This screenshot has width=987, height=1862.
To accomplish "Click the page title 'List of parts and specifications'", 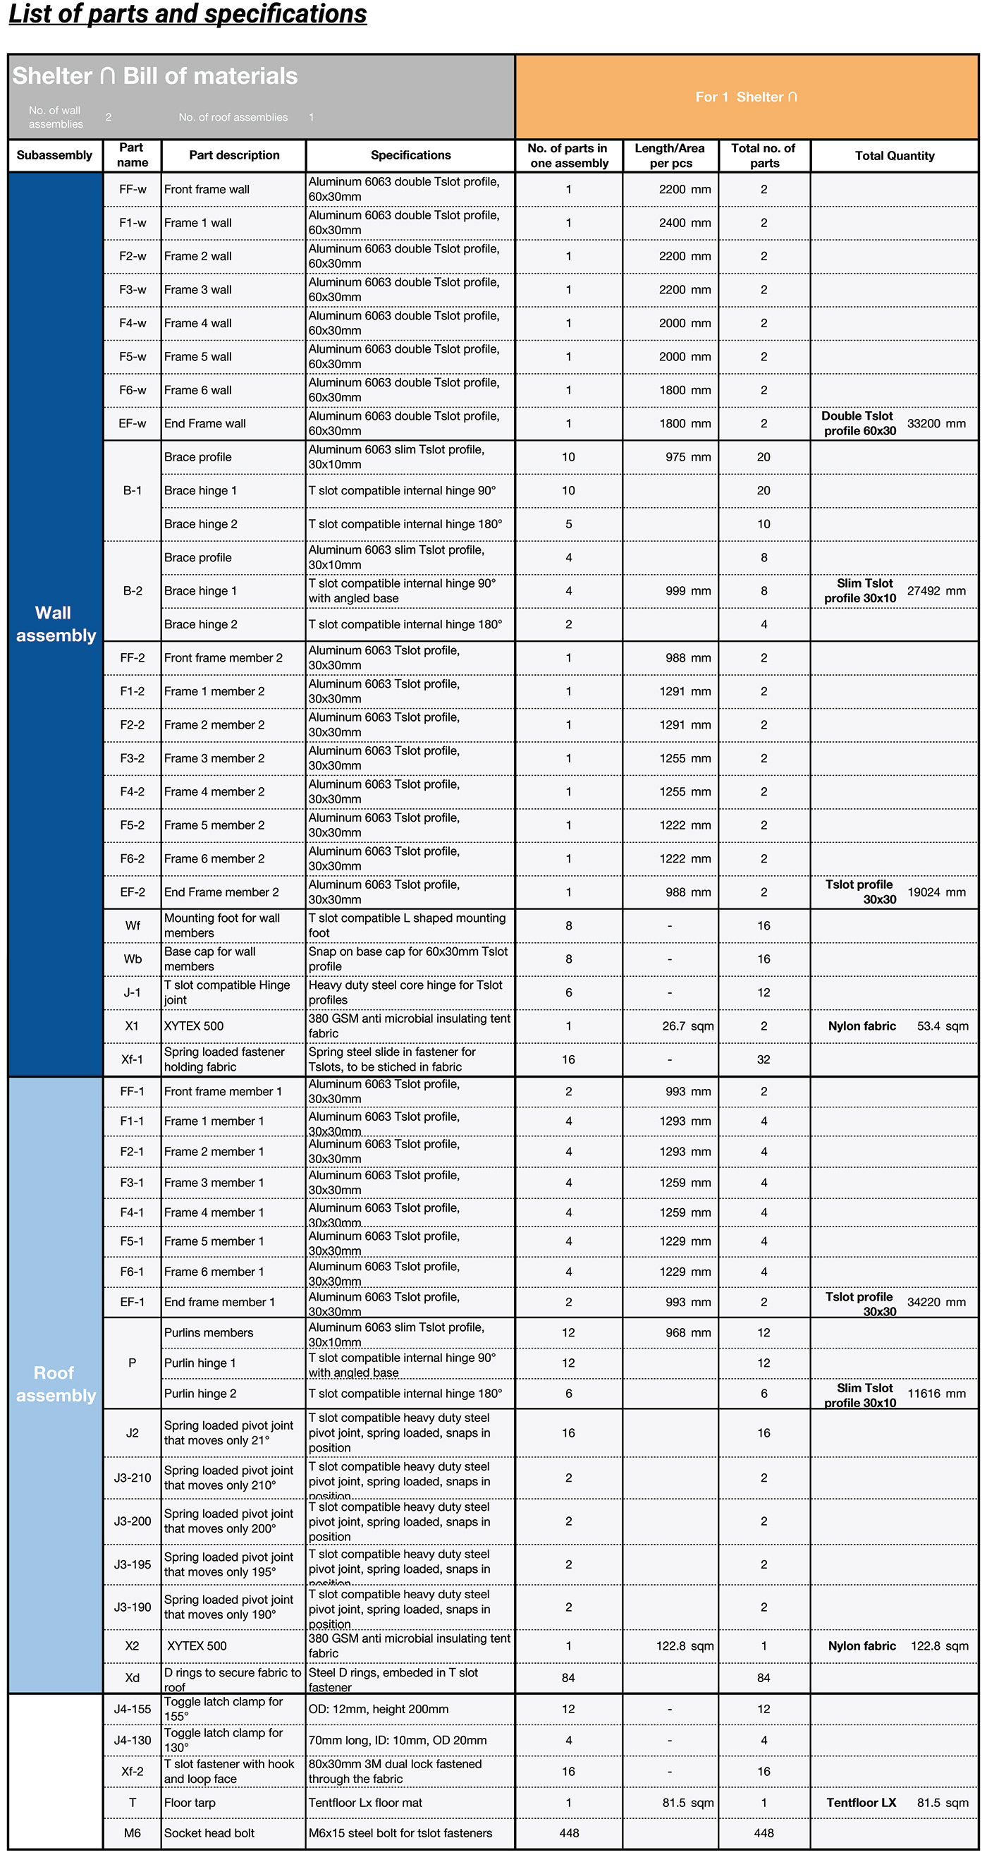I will (188, 14).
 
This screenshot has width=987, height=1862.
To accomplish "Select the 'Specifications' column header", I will (410, 155).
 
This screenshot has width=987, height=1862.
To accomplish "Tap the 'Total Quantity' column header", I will (895, 155).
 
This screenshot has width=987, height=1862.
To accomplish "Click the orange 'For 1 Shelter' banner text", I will (746, 97).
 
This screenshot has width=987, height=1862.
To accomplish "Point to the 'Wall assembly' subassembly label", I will (55, 623).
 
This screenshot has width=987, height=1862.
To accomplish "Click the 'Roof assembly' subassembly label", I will (55, 1384).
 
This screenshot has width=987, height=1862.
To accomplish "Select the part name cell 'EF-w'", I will (133, 424).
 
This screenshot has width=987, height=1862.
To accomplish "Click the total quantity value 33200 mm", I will (936, 424).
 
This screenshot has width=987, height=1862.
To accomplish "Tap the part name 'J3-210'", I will (133, 1478).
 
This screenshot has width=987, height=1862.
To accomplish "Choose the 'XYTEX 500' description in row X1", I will (194, 1026).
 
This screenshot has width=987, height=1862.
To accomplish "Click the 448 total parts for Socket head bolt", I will (764, 1832).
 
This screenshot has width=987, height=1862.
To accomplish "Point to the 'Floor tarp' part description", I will (190, 1803).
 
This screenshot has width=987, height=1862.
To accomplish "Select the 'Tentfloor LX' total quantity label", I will (862, 1803).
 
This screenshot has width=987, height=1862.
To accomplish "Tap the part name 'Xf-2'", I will (133, 1771).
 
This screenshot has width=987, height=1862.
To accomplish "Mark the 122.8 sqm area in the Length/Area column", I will (685, 1646).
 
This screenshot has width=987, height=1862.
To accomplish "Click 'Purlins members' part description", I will (208, 1332).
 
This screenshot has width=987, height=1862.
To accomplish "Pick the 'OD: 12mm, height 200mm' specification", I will (379, 1709).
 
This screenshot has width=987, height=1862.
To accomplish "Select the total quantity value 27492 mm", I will (936, 590).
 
